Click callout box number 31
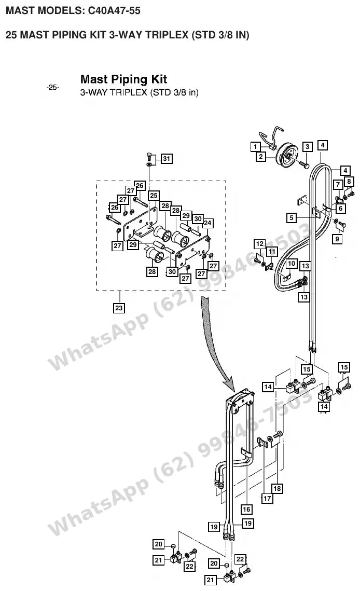pyautogui.click(x=167, y=159)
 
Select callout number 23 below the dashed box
pyautogui.click(x=119, y=308)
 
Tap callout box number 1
pyautogui.click(x=256, y=147)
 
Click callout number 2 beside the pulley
pyautogui.click(x=261, y=156)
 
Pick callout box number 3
pyautogui.click(x=307, y=147)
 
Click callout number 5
pyautogui.click(x=292, y=218)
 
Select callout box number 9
pyautogui.click(x=337, y=239)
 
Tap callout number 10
pyautogui.click(x=292, y=264)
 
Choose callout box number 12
pyautogui.click(x=260, y=244)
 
